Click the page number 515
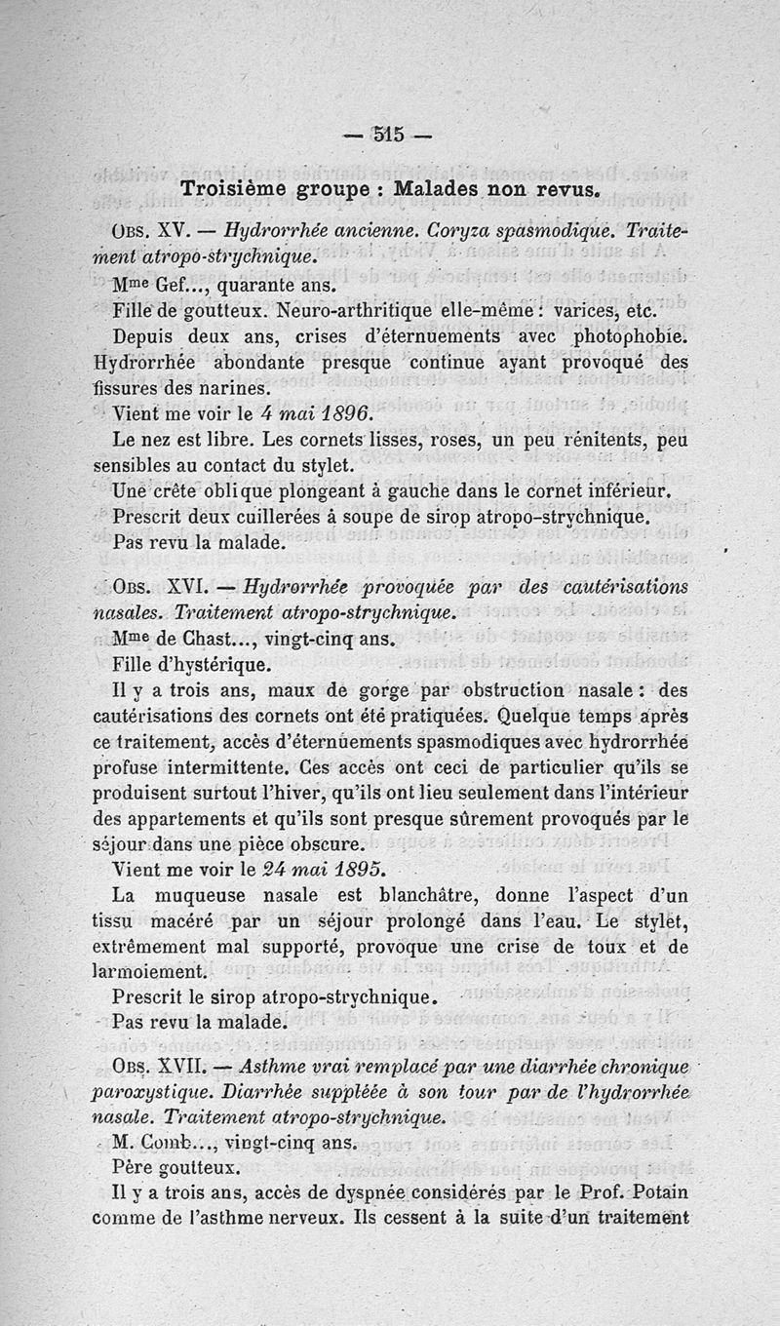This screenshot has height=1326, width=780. pos(388,135)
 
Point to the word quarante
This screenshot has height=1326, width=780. pos(255,287)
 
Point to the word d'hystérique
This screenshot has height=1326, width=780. pos(223,667)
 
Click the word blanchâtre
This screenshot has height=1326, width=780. pos(433,894)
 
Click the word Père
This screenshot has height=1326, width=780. pos(131,1167)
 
